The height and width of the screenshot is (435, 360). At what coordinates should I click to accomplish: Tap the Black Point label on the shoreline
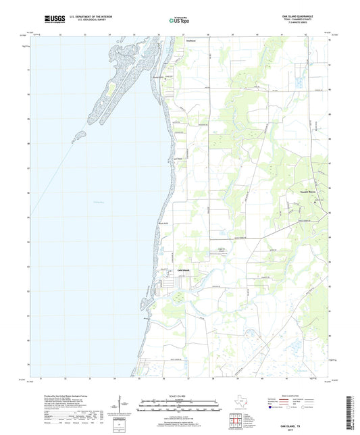(163, 224)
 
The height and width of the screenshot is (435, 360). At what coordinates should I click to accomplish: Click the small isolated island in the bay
(80, 134)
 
